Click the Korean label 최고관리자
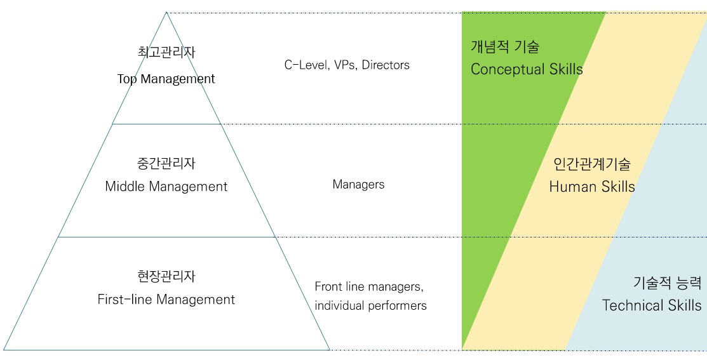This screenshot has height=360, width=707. (x=166, y=52)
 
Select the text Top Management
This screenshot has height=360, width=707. (x=166, y=79)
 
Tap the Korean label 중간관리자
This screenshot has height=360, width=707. (x=166, y=163)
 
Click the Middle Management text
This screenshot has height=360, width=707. (x=166, y=187)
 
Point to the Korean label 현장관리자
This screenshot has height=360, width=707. (x=166, y=276)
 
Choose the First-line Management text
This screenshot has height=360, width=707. (x=166, y=300)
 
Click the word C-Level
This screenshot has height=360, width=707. (x=305, y=65)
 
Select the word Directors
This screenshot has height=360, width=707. (x=386, y=65)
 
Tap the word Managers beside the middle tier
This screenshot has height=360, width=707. (x=358, y=185)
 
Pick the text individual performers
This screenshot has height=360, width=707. (x=370, y=305)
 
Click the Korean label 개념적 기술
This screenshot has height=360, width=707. (x=504, y=47)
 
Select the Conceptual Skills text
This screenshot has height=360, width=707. (x=527, y=69)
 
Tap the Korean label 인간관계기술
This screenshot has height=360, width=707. (x=591, y=164)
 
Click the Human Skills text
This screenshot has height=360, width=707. (x=591, y=187)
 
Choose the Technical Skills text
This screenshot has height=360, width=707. (x=652, y=305)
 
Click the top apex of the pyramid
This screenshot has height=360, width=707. (x=166, y=13)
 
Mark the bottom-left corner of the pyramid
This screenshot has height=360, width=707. (x=4, y=349)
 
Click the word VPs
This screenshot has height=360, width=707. (x=345, y=65)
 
